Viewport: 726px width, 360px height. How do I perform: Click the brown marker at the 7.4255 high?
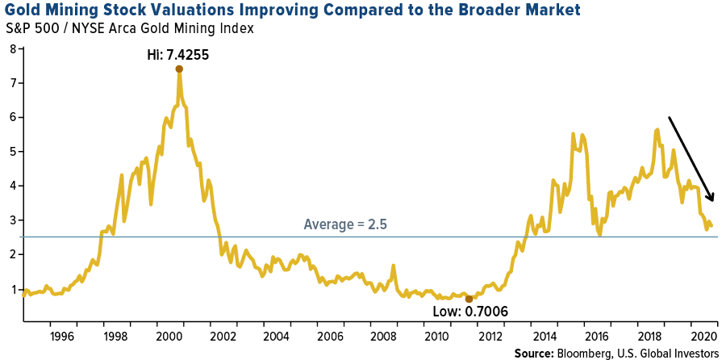click(x=179, y=69)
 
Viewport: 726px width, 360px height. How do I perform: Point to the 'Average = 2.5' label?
click(x=345, y=224)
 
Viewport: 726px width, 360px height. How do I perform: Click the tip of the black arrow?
click(x=713, y=200)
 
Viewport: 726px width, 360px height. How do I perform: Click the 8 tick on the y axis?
click(x=12, y=48)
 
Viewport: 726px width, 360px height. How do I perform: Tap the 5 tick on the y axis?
click(x=12, y=152)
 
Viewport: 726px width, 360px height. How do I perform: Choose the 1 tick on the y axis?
click(x=12, y=289)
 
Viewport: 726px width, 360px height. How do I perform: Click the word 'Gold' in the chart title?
click(x=25, y=11)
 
